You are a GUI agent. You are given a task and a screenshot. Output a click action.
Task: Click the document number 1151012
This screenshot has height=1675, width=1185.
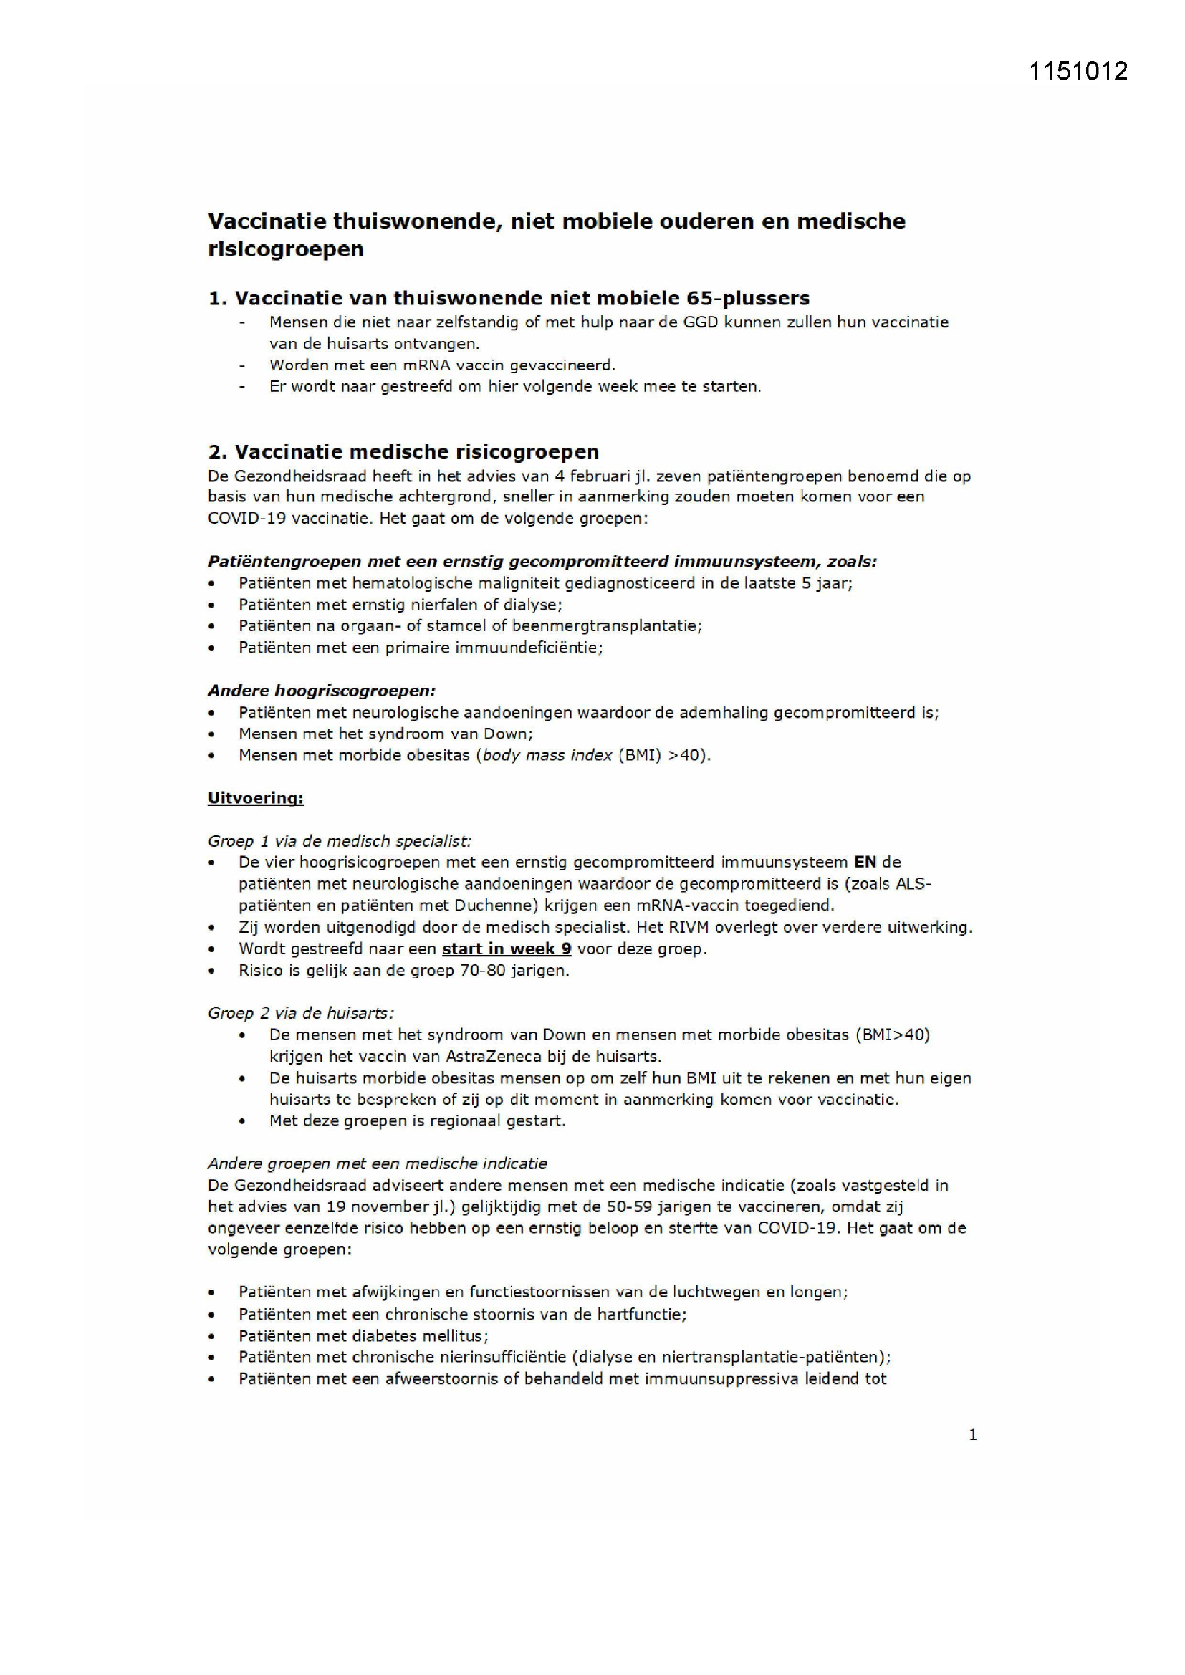point(1078,71)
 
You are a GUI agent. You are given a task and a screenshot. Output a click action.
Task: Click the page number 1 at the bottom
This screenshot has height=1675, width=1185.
point(972,1434)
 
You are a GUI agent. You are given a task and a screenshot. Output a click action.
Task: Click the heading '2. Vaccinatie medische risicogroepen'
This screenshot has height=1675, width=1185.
point(403,451)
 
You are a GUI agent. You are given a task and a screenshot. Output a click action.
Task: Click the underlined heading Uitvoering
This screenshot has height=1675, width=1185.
point(255,797)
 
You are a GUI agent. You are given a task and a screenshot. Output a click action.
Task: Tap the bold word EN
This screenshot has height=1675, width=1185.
point(865,863)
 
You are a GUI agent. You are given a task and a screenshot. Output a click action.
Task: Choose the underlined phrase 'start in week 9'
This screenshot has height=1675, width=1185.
point(507,949)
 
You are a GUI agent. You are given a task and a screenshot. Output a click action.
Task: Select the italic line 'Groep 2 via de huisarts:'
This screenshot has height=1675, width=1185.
point(301,1013)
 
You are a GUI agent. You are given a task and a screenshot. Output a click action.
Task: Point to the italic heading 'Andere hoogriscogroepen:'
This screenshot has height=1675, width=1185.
point(321,691)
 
